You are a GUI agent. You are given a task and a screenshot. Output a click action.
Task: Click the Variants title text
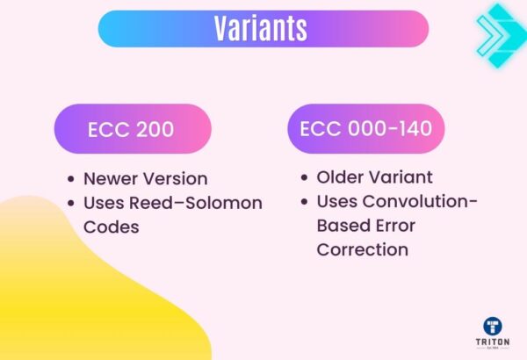pos(262,29)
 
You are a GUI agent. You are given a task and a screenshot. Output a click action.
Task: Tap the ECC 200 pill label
pos(131,130)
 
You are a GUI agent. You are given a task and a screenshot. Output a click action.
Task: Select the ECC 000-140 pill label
pos(365,129)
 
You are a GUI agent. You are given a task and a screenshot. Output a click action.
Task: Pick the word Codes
pos(109,227)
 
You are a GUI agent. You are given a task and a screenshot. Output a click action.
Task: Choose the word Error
pos(395,226)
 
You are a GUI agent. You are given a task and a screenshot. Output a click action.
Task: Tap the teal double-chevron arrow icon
pos(498,33)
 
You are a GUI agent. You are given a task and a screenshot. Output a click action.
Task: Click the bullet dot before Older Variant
pos(303,178)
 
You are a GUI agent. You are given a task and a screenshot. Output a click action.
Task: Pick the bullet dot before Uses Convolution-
pos(303,202)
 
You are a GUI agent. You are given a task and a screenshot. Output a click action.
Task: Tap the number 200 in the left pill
pos(155,130)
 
